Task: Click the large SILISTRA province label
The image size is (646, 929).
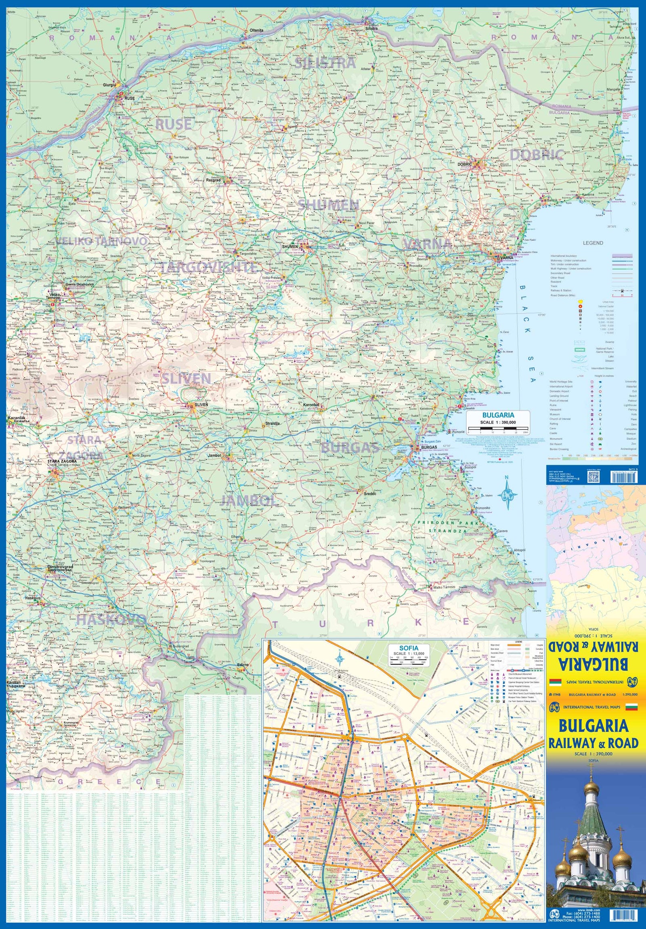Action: tap(325, 63)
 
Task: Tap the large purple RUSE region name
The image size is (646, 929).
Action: tap(174, 125)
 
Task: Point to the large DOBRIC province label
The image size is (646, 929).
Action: tap(536, 154)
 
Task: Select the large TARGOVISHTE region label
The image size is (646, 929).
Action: tap(208, 267)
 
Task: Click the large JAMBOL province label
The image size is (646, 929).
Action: tap(248, 500)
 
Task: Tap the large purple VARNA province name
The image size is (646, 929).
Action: tap(427, 243)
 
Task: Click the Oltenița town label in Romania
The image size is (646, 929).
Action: tap(256, 30)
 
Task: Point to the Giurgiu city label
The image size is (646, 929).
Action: tap(110, 85)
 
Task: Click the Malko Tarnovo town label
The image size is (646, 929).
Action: tap(444, 587)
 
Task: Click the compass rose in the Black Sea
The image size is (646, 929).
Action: tap(506, 494)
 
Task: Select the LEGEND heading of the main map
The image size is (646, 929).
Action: tap(593, 243)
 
